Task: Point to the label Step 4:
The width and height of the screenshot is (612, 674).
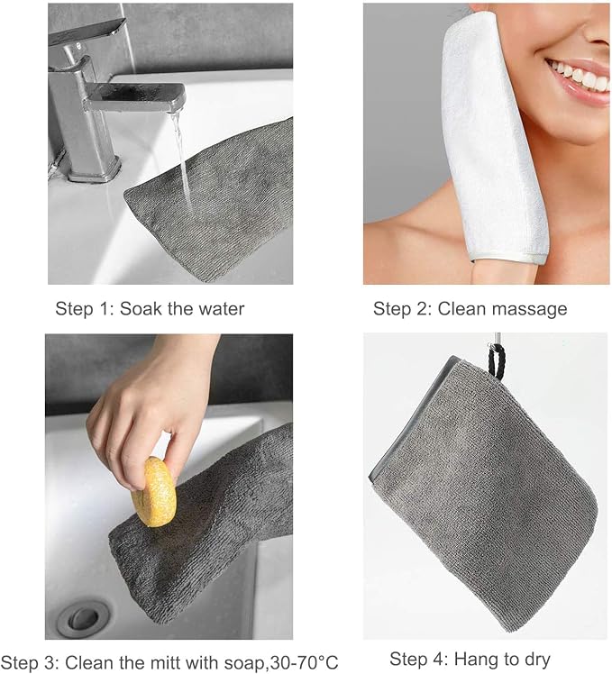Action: [x=418, y=659]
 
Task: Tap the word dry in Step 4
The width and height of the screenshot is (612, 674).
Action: [x=536, y=660]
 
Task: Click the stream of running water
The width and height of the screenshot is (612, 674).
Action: [x=183, y=162]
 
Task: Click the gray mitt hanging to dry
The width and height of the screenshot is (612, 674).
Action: [x=481, y=495]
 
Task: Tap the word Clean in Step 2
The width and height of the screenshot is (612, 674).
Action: [x=459, y=309]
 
